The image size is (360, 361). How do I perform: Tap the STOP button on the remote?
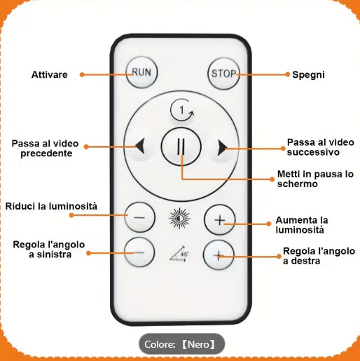223,74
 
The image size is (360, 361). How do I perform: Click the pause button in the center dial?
181,147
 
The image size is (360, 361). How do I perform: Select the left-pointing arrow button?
140,147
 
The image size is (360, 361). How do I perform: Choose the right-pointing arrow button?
222,147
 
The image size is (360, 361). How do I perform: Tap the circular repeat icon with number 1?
182,110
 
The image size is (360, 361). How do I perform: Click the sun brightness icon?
179,219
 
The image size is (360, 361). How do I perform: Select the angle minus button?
139,252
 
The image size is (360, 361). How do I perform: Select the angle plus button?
219,255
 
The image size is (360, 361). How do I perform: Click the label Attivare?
50,74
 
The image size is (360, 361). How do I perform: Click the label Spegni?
308,74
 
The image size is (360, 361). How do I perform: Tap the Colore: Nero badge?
182,344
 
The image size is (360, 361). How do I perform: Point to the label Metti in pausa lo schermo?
315,179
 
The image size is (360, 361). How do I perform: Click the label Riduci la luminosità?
51,206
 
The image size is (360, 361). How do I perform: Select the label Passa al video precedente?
46,149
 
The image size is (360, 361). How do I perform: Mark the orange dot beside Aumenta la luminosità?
269,224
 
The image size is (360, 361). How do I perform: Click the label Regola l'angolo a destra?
319,256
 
